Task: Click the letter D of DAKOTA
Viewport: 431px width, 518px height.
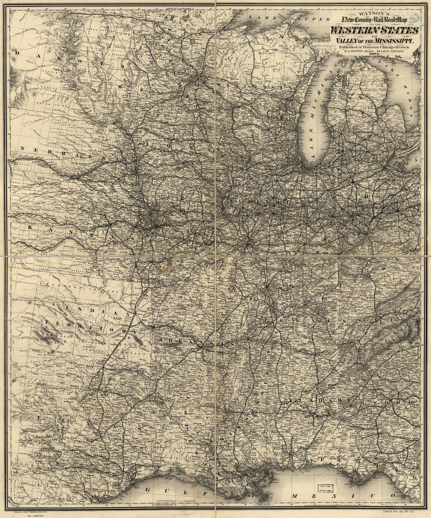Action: click(x=17, y=51)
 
